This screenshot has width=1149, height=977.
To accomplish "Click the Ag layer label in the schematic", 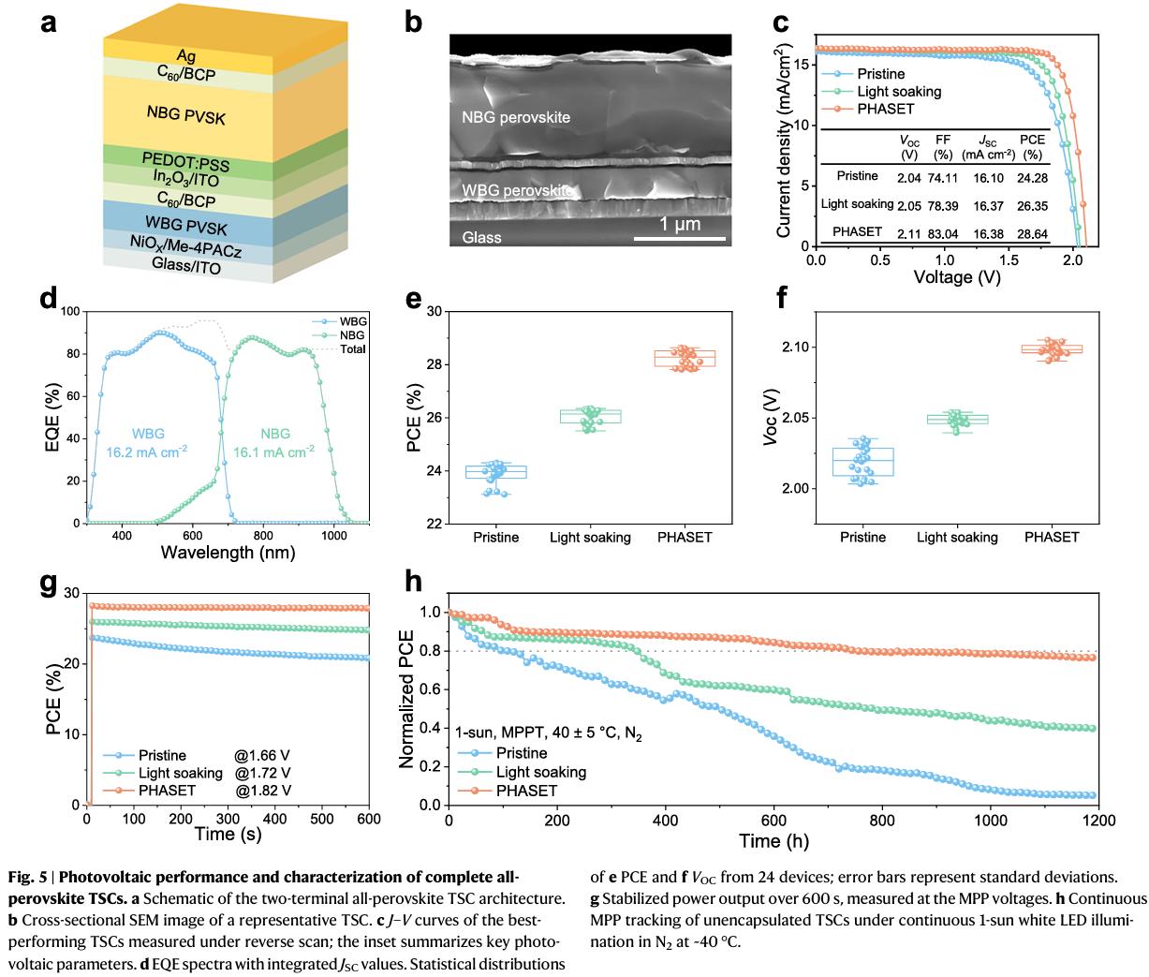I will pos(185,56).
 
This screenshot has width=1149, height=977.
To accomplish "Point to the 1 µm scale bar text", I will pos(679,226).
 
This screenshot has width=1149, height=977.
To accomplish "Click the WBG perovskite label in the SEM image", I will pos(514,190).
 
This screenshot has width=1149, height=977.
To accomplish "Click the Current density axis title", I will pos(785,139).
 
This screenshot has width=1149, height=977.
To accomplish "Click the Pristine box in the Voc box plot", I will pos(862,462).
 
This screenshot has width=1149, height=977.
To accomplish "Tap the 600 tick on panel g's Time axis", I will pos(369,819).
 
